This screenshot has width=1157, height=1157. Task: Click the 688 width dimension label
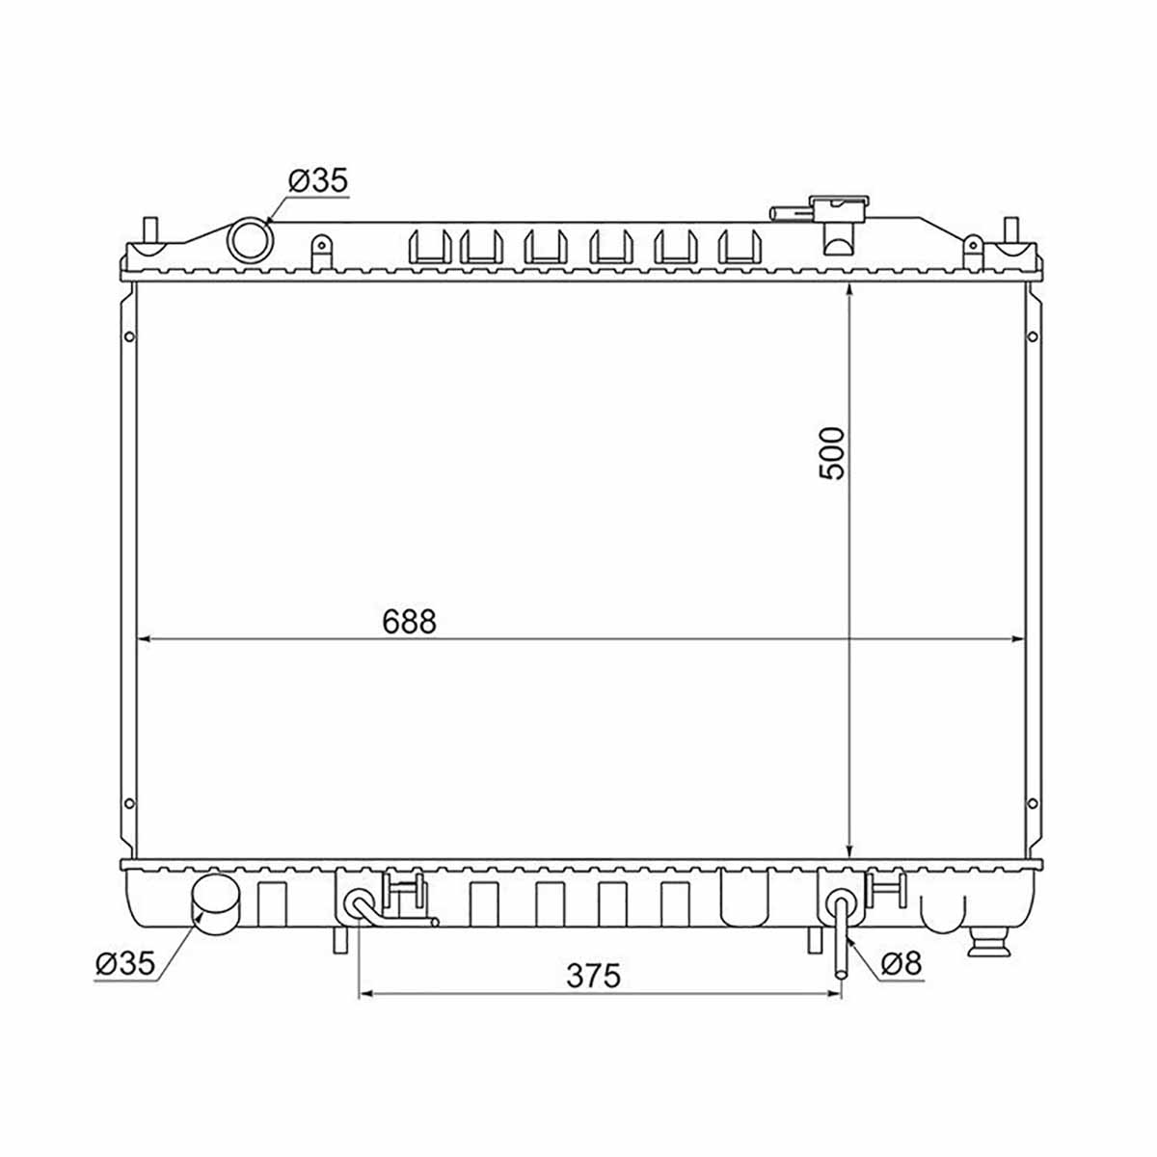409,622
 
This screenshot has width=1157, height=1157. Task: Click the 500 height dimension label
831,453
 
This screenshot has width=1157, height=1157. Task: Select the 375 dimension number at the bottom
593,976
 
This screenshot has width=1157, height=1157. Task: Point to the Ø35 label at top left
318,180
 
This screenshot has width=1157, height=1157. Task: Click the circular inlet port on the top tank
251,241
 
